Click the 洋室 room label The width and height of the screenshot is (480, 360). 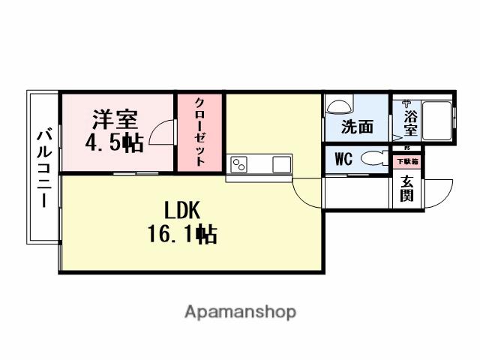click(114, 119)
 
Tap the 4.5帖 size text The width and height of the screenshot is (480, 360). click(114, 142)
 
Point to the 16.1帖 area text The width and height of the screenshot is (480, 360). click(182, 235)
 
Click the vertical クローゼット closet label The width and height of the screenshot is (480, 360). click(200, 131)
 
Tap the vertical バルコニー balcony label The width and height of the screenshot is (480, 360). click(43, 168)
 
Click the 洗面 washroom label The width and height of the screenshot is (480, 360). click(357, 127)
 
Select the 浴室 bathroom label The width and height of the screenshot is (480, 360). click(409, 122)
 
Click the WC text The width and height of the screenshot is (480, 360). click(343, 159)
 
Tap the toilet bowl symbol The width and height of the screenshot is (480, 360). click(371, 159)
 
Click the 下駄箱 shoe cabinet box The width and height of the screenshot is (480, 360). click(407, 161)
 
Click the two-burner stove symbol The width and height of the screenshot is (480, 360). click(241, 163)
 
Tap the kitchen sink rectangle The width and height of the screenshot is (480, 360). click(281, 163)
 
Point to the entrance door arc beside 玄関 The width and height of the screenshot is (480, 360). click(441, 193)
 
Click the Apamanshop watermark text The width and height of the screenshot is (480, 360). click(240, 311)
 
